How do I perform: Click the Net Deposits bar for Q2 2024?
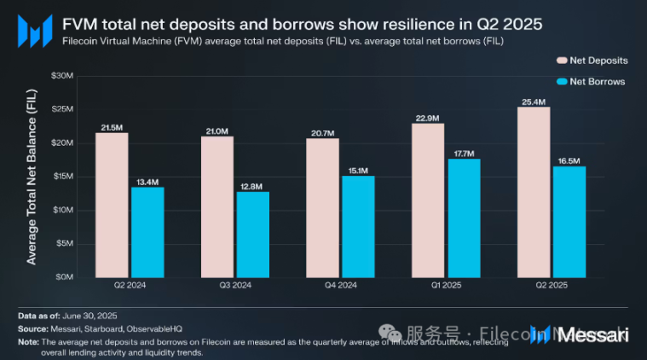click(x=112, y=205)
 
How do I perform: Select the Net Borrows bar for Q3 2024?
click(x=252, y=235)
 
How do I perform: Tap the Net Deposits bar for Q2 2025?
click(x=534, y=192)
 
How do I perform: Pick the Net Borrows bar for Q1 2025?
click(x=464, y=218)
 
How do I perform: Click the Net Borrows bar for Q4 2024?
click(x=358, y=226)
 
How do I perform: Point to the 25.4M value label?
click(x=534, y=102)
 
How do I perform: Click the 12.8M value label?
click(x=252, y=186)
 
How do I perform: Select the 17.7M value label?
click(x=464, y=154)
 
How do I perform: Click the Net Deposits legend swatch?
click(x=561, y=61)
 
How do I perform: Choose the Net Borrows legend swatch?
click(x=561, y=82)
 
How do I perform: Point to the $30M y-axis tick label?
click(x=64, y=76)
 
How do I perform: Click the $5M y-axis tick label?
click(x=66, y=243)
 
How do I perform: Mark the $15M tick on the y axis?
click(x=64, y=177)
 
